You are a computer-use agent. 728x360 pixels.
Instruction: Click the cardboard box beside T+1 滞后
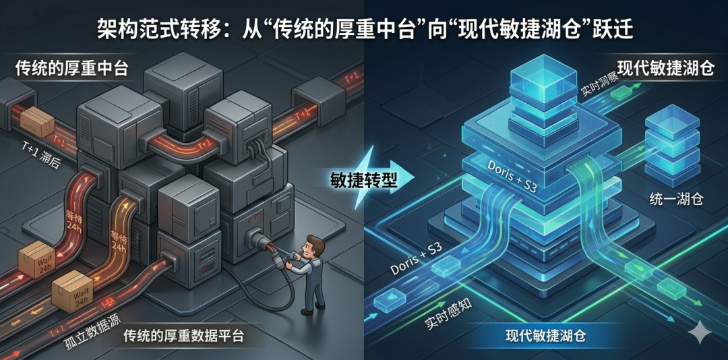38,123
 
